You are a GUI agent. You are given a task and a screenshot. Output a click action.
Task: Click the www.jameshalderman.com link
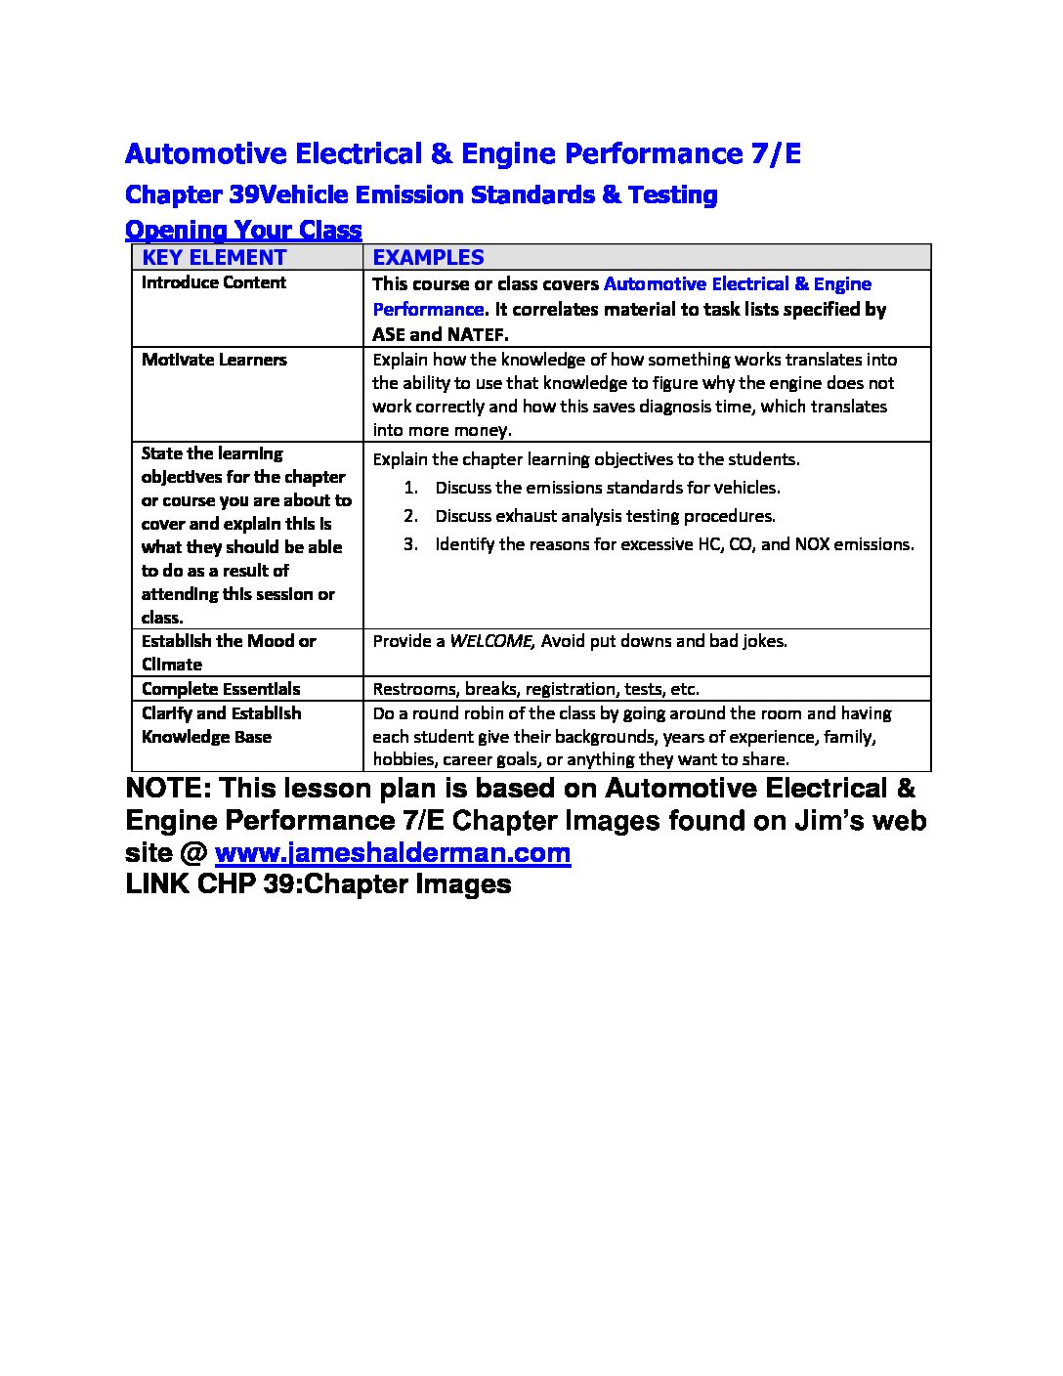point(392,853)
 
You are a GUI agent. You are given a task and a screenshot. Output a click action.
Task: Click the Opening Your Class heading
point(243,230)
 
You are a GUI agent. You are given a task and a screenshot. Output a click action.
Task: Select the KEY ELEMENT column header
point(214,257)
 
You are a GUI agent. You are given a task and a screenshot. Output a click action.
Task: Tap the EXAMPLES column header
point(428,257)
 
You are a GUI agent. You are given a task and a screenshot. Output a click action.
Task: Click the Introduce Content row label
point(213,282)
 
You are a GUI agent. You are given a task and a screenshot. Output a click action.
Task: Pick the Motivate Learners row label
point(214,360)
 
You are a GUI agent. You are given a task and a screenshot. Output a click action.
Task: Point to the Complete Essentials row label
point(221,689)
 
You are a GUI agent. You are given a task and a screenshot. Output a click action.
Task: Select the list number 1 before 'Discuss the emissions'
point(410,488)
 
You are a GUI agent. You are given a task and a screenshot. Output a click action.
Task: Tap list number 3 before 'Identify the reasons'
point(410,544)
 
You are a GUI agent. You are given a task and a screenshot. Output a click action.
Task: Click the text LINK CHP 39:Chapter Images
point(319,884)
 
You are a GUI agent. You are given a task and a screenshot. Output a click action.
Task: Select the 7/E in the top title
point(776,153)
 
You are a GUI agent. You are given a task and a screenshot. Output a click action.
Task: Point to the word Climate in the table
point(171,665)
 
